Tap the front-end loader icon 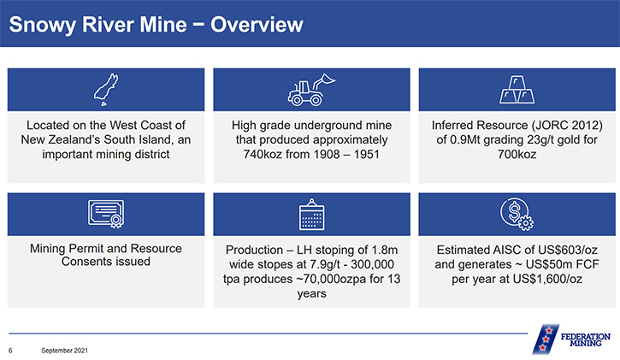(x=311, y=90)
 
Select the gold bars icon (x=517, y=90)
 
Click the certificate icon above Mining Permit (x=106, y=214)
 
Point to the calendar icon (x=311, y=214)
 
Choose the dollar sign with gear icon (x=517, y=214)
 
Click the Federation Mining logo (x=571, y=339)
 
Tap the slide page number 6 (x=10, y=351)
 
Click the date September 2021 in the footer (x=64, y=351)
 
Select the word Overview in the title (x=257, y=25)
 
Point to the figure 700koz (x=517, y=154)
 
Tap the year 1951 (x=367, y=154)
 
